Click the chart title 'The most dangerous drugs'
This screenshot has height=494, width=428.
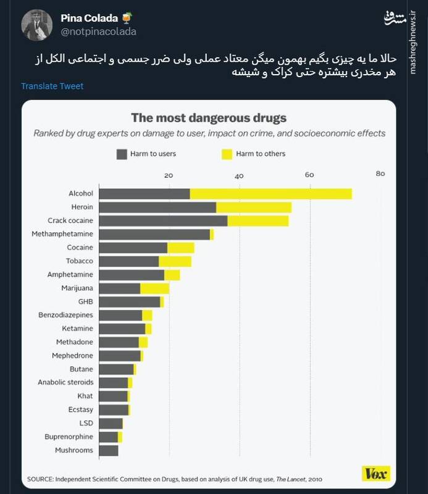(208, 118)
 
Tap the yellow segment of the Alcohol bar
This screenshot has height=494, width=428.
(271, 194)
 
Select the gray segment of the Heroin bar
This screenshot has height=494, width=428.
(157, 207)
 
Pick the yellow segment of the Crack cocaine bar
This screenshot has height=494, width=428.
(258, 220)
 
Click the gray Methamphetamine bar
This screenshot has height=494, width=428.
(154, 234)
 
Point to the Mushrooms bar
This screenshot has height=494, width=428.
(108, 451)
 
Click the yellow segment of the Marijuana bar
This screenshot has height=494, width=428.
(154, 288)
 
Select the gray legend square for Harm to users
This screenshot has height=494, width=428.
(121, 154)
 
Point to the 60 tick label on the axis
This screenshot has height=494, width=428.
(309, 174)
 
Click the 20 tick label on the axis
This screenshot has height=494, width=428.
(169, 174)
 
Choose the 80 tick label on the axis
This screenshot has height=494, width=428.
(380, 174)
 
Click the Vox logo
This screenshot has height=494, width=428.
(376, 474)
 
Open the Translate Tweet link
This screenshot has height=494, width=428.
(52, 86)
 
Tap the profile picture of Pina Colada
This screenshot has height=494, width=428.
(37, 25)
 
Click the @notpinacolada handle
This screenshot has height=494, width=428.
(98, 31)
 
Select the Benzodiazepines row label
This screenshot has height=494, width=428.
(65, 315)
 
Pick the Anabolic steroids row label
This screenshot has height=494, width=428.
(65, 383)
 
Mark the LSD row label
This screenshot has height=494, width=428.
(86, 424)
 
